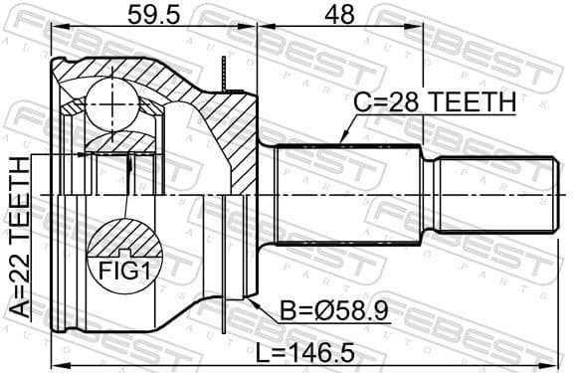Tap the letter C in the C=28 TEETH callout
click(x=365, y=102)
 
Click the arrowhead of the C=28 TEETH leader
click(x=340, y=140)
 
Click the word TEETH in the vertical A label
click(x=17, y=197)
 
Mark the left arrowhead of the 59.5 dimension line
click(x=52, y=30)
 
